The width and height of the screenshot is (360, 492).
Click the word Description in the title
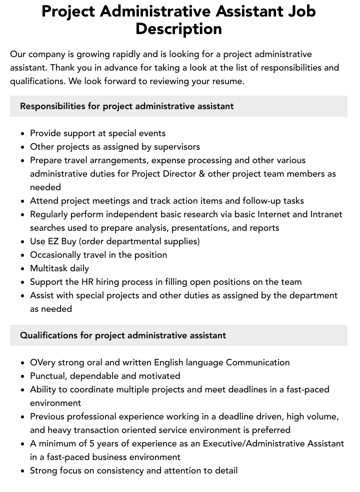pos(178,29)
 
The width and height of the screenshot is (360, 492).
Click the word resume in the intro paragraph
pos(227,81)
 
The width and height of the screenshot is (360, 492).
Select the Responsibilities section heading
pos(126,106)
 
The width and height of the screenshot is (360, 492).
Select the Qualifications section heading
pos(123,335)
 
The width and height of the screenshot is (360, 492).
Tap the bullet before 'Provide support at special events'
pos(22,134)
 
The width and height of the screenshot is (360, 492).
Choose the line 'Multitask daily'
pos(59,268)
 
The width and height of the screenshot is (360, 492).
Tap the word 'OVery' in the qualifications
pos(43,362)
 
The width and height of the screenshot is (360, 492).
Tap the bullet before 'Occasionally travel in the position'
pos(22,255)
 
